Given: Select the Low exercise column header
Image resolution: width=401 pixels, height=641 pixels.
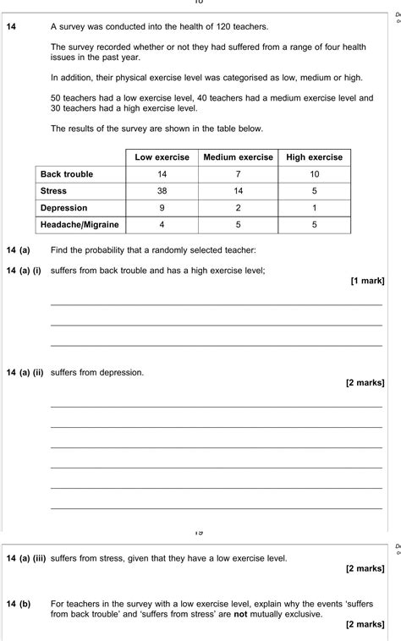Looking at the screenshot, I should click(162, 157).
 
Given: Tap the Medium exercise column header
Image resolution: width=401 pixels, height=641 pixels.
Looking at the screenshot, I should click(239, 157).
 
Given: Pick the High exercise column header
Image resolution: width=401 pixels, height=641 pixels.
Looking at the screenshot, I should click(315, 157).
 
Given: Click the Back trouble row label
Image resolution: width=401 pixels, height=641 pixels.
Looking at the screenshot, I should click(67, 174).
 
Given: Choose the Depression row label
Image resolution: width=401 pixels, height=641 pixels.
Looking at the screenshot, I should click(63, 208).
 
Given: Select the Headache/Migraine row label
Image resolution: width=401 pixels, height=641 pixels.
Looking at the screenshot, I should click(80, 225).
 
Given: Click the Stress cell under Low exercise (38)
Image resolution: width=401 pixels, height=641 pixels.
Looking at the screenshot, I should click(162, 191).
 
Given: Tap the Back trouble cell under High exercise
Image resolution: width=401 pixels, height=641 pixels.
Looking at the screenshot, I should click(315, 174).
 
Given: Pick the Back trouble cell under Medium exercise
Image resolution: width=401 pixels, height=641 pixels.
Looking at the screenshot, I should click(239, 174).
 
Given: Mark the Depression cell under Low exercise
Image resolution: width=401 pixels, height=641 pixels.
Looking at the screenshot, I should click(162, 208).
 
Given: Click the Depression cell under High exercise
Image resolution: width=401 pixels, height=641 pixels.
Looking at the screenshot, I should click(315, 208).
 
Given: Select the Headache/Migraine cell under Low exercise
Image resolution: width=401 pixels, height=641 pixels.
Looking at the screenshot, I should click(162, 225).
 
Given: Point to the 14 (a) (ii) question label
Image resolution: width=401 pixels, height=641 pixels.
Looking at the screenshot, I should click(25, 372).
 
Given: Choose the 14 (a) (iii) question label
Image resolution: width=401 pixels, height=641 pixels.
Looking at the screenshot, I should click(25, 558).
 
